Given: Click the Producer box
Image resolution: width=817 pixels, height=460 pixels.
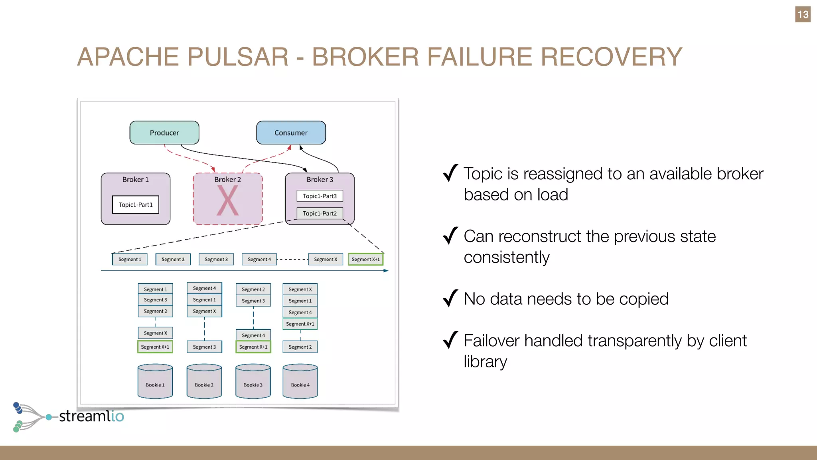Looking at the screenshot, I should pyautogui.click(x=164, y=133).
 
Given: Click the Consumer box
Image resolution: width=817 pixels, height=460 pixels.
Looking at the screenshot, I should pyautogui.click(x=291, y=133).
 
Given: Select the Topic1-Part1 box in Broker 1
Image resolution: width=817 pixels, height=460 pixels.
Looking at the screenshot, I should pyautogui.click(x=136, y=204).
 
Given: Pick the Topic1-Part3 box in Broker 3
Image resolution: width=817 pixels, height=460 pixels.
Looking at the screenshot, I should pyautogui.click(x=320, y=196).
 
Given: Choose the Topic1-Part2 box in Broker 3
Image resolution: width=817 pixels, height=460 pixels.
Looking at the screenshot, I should pyautogui.click(x=320, y=213).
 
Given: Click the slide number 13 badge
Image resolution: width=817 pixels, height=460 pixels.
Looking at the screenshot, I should pyautogui.click(x=803, y=14).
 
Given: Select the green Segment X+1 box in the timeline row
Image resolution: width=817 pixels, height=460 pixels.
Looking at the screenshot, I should pyautogui.click(x=365, y=259).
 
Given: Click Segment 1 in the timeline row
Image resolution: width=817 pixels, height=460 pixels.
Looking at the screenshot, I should pyautogui.click(x=130, y=259).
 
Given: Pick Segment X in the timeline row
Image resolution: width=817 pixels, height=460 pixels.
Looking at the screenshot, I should pyautogui.click(x=325, y=259).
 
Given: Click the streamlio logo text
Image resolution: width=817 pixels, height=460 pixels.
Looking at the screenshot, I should pyautogui.click(x=91, y=416).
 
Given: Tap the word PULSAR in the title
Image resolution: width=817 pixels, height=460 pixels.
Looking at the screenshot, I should pyautogui.click(x=238, y=57).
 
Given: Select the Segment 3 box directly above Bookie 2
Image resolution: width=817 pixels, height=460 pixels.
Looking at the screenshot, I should pyautogui.click(x=204, y=347).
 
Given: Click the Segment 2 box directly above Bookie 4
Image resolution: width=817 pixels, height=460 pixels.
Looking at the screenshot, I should pyautogui.click(x=300, y=347).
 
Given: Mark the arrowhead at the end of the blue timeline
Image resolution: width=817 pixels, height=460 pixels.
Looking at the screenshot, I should pyautogui.click(x=386, y=271).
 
